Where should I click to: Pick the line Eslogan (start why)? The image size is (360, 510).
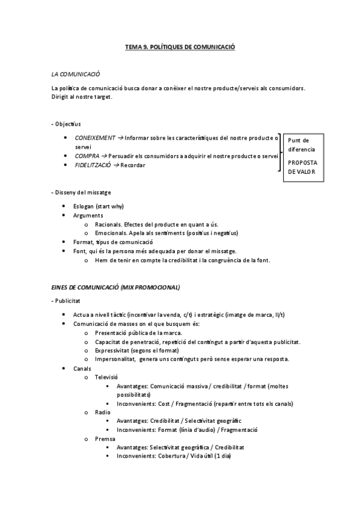pyautogui.click(x=99, y=206)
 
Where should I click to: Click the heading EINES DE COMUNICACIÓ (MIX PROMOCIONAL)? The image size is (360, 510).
pyautogui.click(x=115, y=287)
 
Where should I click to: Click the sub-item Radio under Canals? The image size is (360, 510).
pyautogui.click(x=103, y=413)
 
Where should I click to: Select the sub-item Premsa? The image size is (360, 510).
pyautogui.click(x=105, y=439)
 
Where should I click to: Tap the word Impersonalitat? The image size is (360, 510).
pyautogui.click(x=114, y=359)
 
